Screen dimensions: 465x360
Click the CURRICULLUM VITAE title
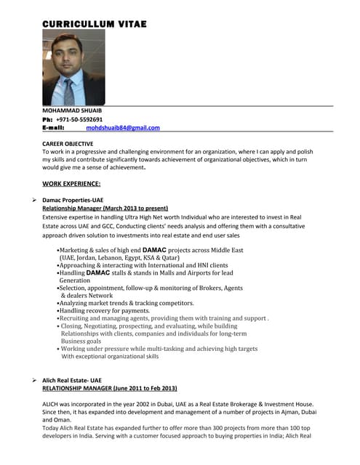click(95, 24)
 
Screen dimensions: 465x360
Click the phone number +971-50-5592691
click(79, 119)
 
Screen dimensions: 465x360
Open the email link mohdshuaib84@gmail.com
click(122, 128)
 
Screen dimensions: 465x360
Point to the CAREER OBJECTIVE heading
click(68, 144)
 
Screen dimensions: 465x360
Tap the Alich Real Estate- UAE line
click(72, 380)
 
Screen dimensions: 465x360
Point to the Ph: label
click(47, 119)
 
